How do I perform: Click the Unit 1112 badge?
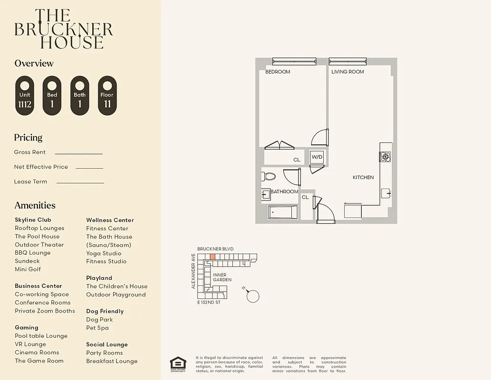[x=25, y=96]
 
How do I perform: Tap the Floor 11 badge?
[x=107, y=96]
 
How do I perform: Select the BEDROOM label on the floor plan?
[x=278, y=72]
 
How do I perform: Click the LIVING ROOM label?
[x=347, y=72]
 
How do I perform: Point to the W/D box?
[x=317, y=157]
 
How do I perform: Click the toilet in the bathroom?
[x=269, y=177]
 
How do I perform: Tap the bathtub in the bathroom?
[x=283, y=212]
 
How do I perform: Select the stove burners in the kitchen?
[x=385, y=157]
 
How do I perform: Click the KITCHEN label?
[x=363, y=177]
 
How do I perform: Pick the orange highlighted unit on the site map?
[x=212, y=256]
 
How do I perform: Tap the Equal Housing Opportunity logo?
[x=178, y=364]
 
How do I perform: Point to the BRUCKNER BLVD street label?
[x=215, y=249]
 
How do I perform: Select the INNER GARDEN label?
[x=222, y=277]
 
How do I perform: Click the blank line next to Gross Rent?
[x=79, y=153]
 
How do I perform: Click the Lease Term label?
[x=31, y=181]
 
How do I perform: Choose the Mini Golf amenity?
[x=28, y=269]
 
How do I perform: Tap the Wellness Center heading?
[x=110, y=220]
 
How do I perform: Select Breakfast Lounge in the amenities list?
[x=112, y=361]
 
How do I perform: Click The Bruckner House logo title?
[x=63, y=29]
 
